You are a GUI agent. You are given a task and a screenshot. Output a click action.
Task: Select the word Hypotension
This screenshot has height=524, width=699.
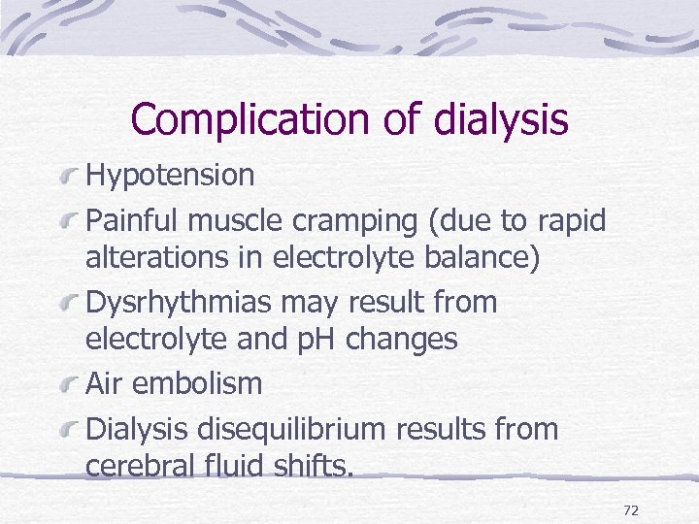170,176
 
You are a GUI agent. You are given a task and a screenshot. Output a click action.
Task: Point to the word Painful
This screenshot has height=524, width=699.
133,221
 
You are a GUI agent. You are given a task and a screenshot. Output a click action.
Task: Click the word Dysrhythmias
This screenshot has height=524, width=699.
180,303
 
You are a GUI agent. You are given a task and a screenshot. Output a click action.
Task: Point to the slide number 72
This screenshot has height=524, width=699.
630,510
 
